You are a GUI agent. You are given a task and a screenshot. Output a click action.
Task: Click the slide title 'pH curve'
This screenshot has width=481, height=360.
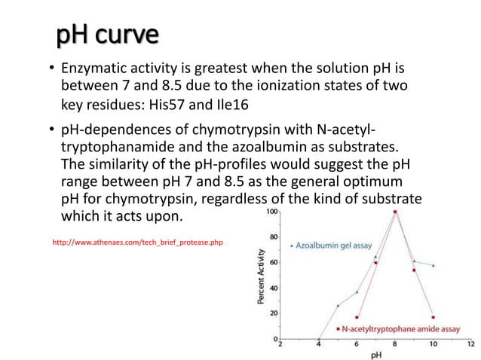(106, 35)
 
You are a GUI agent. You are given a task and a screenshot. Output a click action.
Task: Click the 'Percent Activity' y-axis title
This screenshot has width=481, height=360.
(261, 278)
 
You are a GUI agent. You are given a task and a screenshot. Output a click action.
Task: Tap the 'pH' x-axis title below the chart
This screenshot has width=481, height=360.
(375, 354)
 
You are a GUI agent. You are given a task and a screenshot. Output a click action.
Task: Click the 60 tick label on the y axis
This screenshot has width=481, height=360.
(272, 263)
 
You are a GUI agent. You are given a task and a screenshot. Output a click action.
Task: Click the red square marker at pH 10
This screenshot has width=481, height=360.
(433, 317)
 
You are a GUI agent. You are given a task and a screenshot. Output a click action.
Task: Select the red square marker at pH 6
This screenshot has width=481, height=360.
(357, 317)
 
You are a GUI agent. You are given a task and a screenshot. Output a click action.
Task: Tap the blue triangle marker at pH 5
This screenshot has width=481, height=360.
(338, 306)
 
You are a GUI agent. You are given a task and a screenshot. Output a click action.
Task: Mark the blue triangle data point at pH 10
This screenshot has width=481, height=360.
(433, 266)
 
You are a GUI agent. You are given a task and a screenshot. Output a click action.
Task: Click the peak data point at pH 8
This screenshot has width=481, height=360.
(395, 212)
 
